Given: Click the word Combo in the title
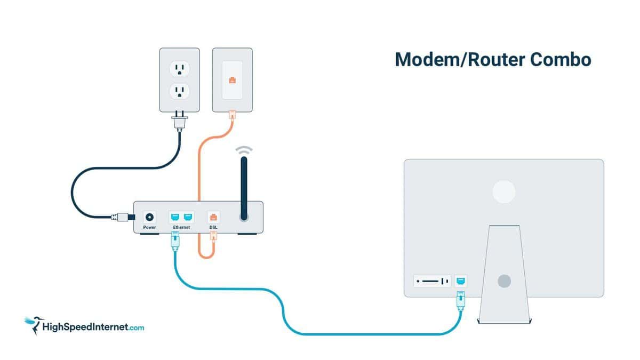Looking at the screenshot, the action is coord(561,60).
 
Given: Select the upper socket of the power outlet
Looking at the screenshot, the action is coord(179,69).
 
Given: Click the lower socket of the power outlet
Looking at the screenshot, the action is coord(179,91).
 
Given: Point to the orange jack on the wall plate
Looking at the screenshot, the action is coord(233,81).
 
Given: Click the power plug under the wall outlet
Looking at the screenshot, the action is coord(179,121).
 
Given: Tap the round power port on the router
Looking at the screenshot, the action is coord(149,218).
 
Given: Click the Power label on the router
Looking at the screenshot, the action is coord(149,227).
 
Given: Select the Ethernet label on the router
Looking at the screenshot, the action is coord(181,227).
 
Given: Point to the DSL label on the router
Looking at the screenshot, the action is coord(213,227).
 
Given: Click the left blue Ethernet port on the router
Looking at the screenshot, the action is coord(175,217).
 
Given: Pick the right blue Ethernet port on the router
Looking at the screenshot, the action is coord(188,217).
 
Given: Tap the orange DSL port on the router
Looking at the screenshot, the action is coord(213,218).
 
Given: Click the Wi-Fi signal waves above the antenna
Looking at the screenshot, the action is coord(244,150).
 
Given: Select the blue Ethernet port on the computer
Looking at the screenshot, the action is coord(461,281).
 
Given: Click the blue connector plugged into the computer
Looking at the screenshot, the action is coord(461,301).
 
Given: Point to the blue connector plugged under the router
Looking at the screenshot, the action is coord(175,242).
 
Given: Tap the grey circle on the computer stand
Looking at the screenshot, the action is coord(505,281).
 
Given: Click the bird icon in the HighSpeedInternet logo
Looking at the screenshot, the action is coord(34,325).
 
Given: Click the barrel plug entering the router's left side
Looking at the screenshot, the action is coord(123,218).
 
